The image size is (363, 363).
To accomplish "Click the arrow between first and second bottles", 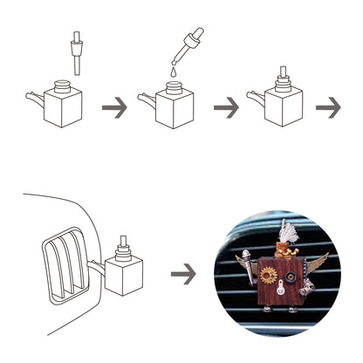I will [x=113, y=108].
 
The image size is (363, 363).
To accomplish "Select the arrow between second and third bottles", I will [x=226, y=108].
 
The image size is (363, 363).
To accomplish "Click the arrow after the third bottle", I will [x=327, y=108].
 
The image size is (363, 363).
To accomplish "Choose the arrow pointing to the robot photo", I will [x=182, y=274].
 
